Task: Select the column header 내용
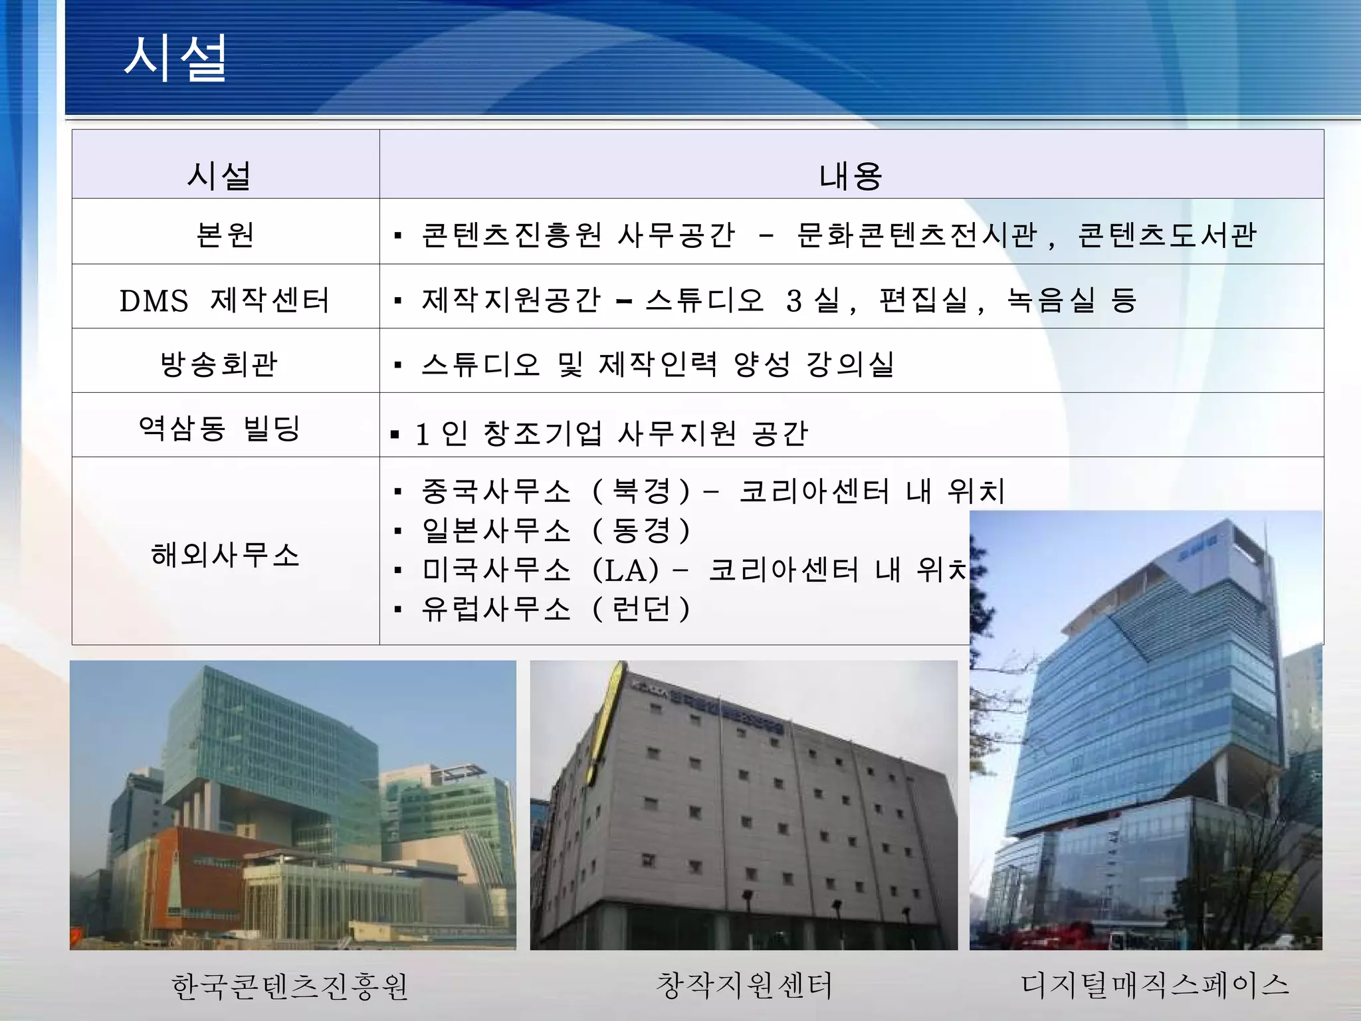(x=851, y=176)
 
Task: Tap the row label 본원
(x=225, y=234)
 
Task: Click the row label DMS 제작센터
(x=225, y=300)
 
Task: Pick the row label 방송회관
(x=219, y=364)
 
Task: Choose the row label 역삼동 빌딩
(x=220, y=427)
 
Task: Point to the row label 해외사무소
(x=225, y=554)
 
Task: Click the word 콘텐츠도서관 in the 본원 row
(x=1166, y=234)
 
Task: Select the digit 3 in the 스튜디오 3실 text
(x=793, y=300)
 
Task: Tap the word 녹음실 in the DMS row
(x=1051, y=300)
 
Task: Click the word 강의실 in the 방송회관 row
(x=851, y=364)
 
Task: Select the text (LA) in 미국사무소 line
(x=625, y=570)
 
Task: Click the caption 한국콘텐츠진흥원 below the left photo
(x=290, y=986)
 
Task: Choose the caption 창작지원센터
(x=744, y=984)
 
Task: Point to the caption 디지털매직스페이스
(x=1155, y=984)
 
